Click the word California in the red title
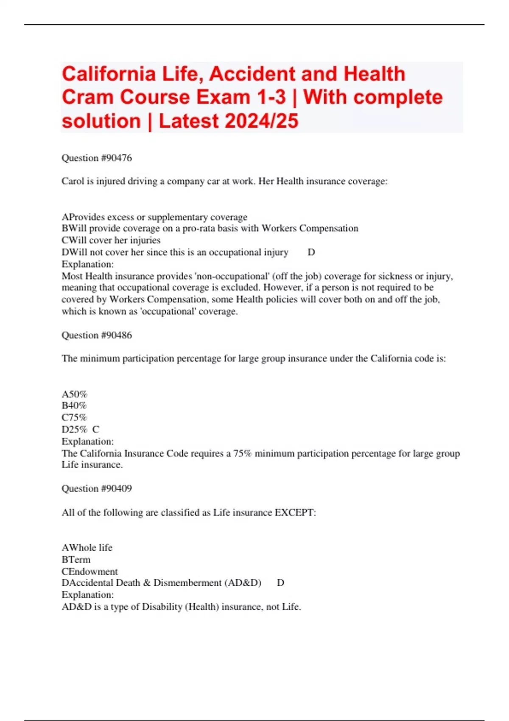(x=109, y=74)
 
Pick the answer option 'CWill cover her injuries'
(x=111, y=240)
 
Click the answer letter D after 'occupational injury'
(x=311, y=252)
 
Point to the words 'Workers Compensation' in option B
(x=310, y=228)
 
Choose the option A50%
(x=74, y=394)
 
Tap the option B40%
(x=74, y=405)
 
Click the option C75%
(x=74, y=417)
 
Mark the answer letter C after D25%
(x=95, y=429)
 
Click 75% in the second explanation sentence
(x=242, y=453)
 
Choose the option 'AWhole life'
(x=87, y=548)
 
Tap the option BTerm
(x=76, y=559)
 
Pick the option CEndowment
(x=89, y=571)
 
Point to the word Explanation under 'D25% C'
(x=87, y=441)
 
